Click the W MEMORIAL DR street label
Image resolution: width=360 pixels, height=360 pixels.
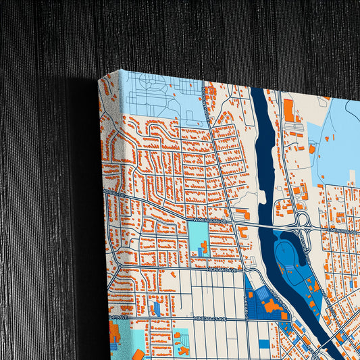[211, 220]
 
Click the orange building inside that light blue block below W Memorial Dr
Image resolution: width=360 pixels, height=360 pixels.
[202, 250]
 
